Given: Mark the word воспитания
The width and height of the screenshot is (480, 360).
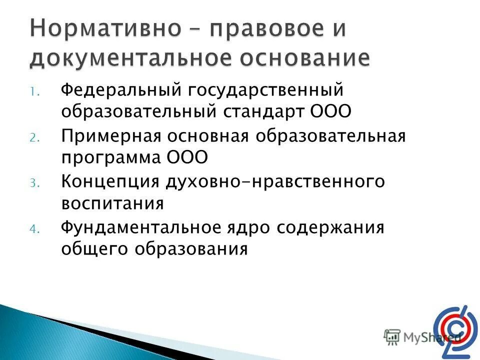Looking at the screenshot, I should click(112, 203).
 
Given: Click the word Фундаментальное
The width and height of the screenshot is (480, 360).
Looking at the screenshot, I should click(140, 228).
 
